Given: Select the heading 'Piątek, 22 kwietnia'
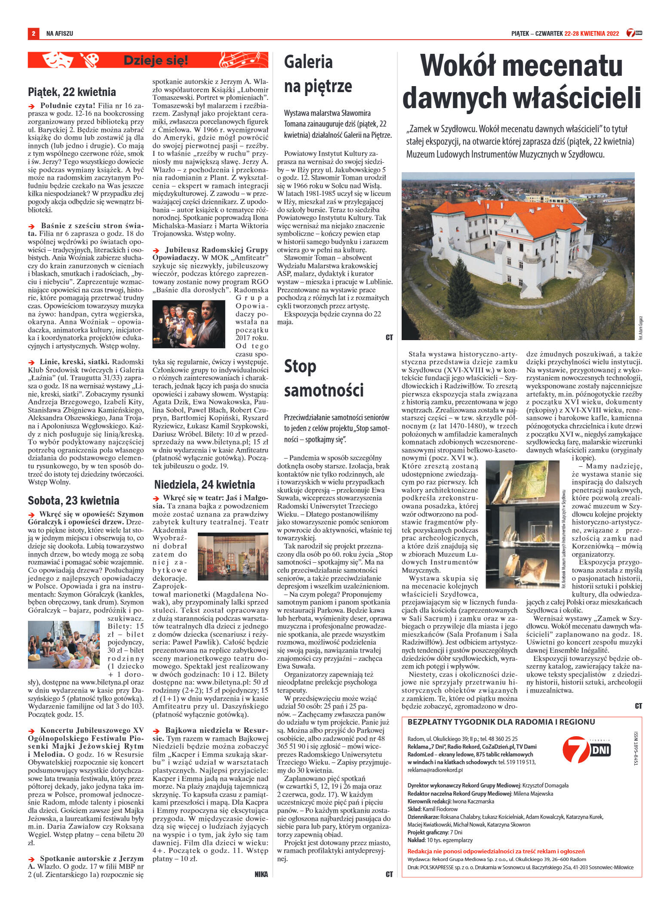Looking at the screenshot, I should (x=72, y=92).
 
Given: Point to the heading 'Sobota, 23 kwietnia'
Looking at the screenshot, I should (x=74, y=500).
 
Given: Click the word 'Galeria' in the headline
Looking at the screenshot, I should (x=308, y=62).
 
